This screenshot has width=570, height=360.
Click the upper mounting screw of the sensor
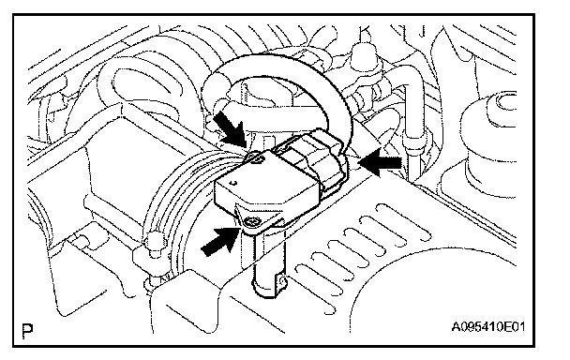255,157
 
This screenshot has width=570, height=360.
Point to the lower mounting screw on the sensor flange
251,221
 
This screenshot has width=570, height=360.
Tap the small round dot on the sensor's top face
234,183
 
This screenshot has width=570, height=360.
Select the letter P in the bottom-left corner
27,330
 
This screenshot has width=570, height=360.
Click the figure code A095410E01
488,326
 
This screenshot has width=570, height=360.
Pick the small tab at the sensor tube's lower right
282,280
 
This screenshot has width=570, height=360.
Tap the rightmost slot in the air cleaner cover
403,222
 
